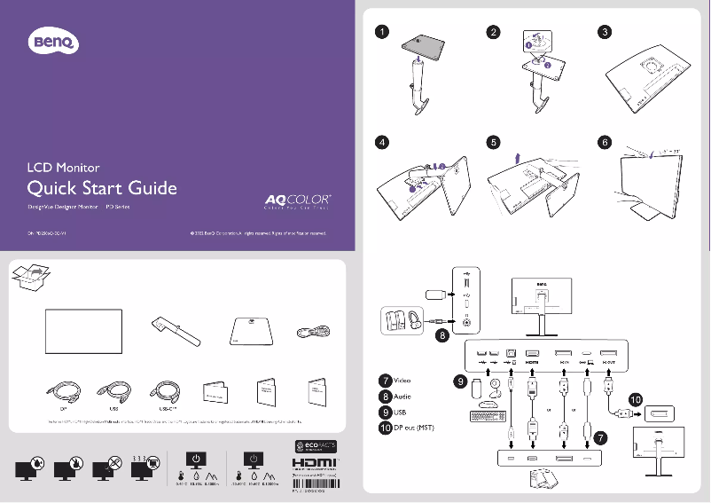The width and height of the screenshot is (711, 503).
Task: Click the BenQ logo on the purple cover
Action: (56, 40)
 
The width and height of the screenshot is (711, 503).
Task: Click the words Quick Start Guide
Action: (102, 188)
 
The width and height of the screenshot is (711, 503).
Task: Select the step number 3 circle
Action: (604, 31)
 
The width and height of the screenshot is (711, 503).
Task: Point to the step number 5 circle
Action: (492, 142)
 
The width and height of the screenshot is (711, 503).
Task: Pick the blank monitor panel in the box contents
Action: (83, 330)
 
